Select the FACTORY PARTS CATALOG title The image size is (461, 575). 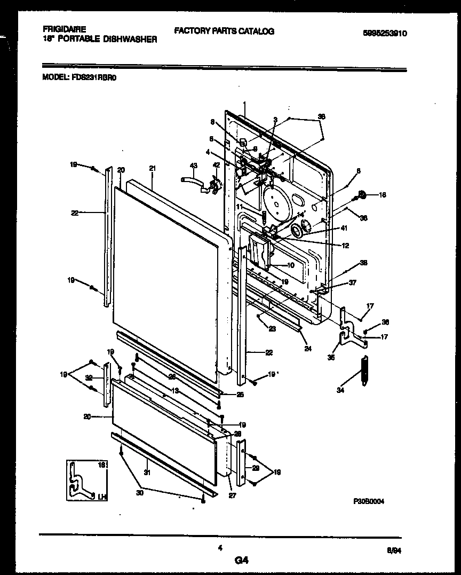[224, 31]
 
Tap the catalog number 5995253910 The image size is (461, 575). [385, 33]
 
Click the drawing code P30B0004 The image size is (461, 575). [369, 501]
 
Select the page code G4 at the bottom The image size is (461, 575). [241, 560]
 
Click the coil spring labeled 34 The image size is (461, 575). [364, 369]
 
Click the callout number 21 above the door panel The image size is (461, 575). [153, 169]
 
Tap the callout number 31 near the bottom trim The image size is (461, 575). [145, 471]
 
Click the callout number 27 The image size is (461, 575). [232, 495]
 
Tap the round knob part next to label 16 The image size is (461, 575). [362, 195]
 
